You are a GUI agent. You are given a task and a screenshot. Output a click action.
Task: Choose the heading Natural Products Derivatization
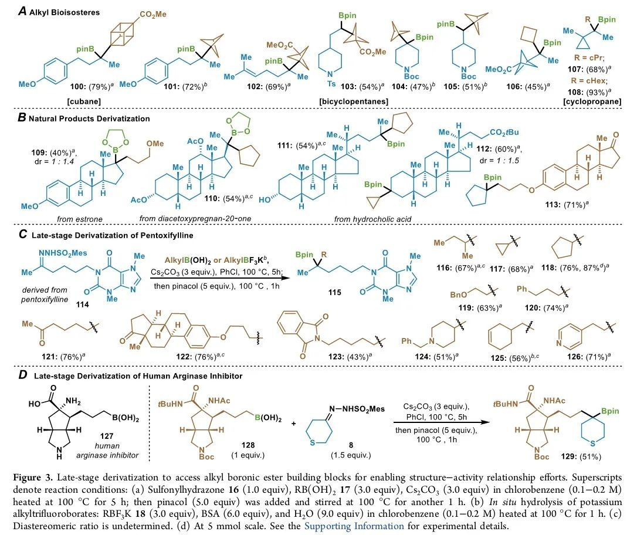(x=83, y=118)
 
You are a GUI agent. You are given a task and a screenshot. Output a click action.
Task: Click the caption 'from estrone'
(x=77, y=219)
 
